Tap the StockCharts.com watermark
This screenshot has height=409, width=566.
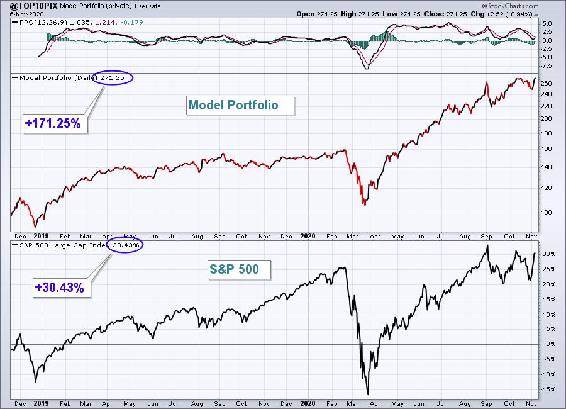[x=537, y=6]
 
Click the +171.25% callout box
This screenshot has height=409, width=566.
[x=53, y=124]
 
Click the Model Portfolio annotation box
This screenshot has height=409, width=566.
[x=241, y=105]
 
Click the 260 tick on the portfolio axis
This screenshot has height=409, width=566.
[x=547, y=83]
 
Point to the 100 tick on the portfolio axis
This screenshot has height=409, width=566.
[x=547, y=212]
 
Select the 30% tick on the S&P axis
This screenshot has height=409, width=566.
[x=548, y=254]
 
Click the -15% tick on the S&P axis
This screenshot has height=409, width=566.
[x=548, y=388]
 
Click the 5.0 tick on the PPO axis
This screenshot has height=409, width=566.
[x=547, y=24]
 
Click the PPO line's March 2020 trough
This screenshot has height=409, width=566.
[x=367, y=68]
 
